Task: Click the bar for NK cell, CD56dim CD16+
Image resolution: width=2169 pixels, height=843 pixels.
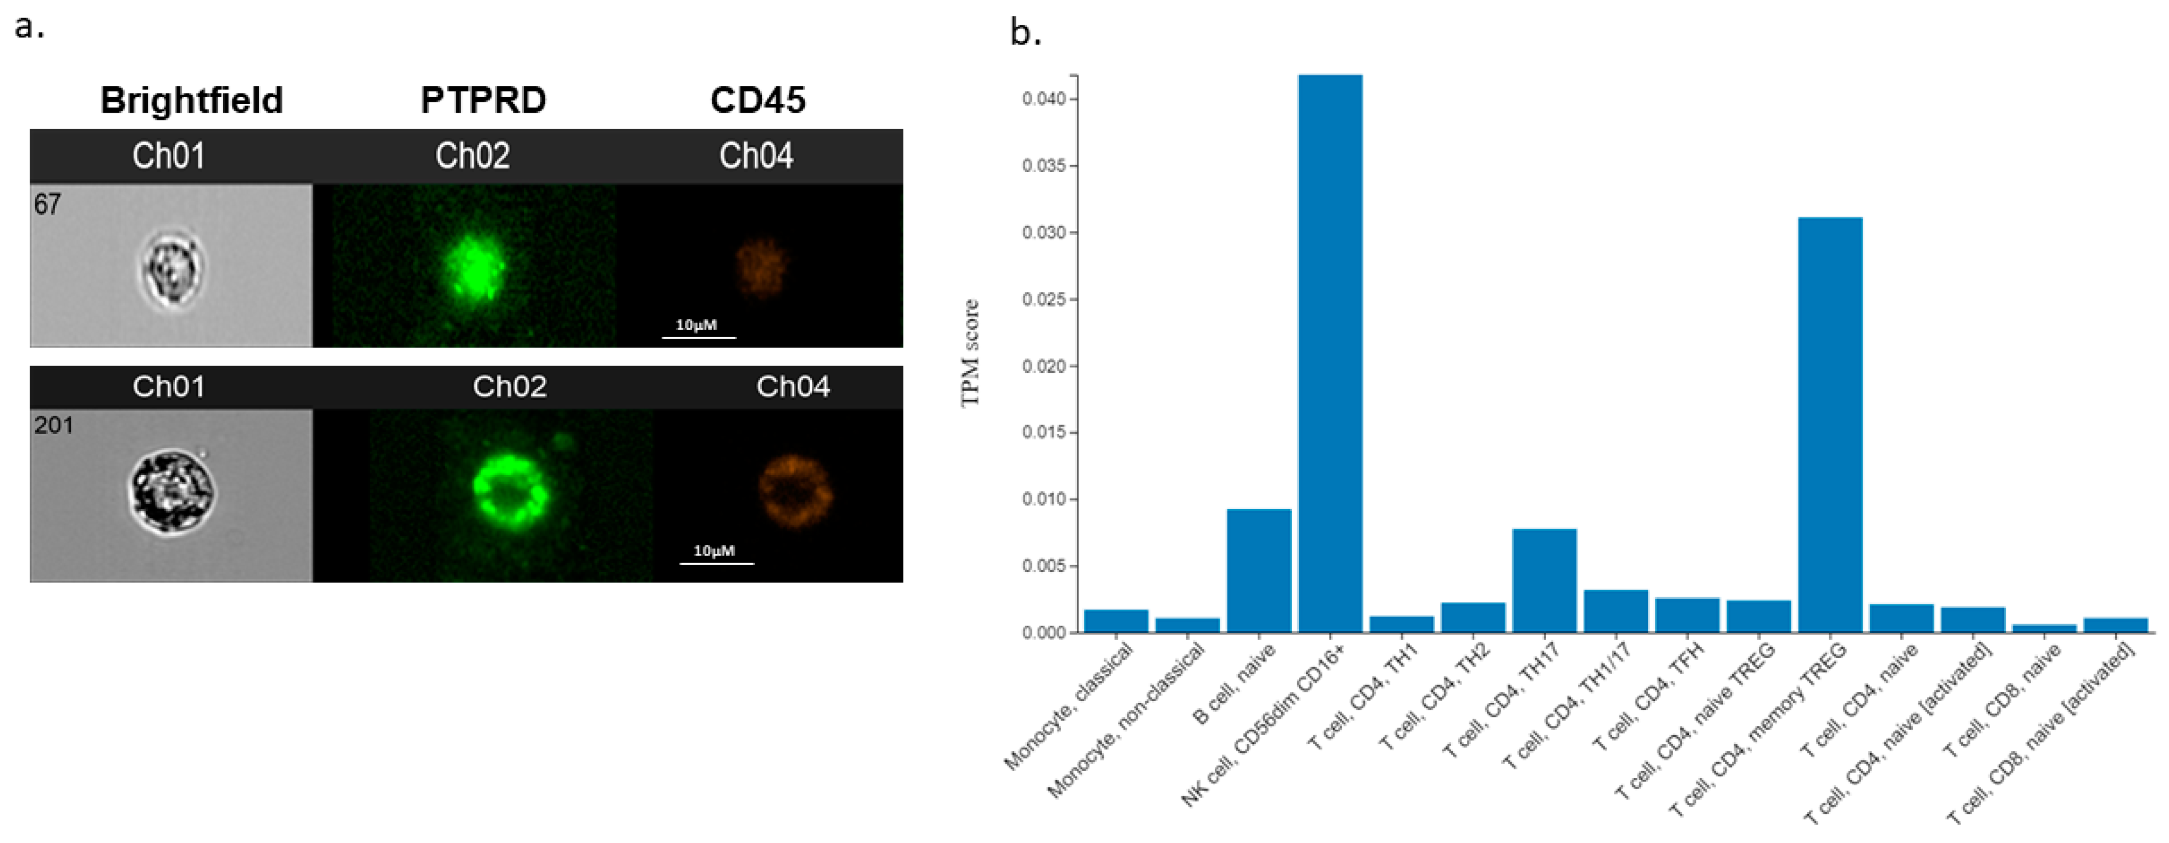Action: pos(1330,354)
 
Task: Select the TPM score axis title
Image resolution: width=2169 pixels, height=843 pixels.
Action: pos(971,353)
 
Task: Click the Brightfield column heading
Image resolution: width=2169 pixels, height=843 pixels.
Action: pos(191,100)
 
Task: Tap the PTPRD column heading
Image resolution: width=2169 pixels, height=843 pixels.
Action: pos(483,100)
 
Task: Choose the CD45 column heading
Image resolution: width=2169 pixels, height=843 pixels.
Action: pos(758,100)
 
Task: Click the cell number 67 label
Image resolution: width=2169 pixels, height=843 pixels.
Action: pos(47,205)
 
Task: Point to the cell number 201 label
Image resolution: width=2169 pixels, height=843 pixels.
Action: pos(54,425)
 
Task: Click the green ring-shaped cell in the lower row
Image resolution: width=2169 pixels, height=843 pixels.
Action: pos(510,492)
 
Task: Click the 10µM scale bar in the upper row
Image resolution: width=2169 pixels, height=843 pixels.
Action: pos(698,336)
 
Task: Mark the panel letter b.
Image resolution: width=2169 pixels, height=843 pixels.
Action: pos(1026,34)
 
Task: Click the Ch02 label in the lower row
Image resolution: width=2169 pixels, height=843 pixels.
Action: pos(510,387)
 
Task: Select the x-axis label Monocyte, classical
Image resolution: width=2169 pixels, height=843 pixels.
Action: pos(1069,707)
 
